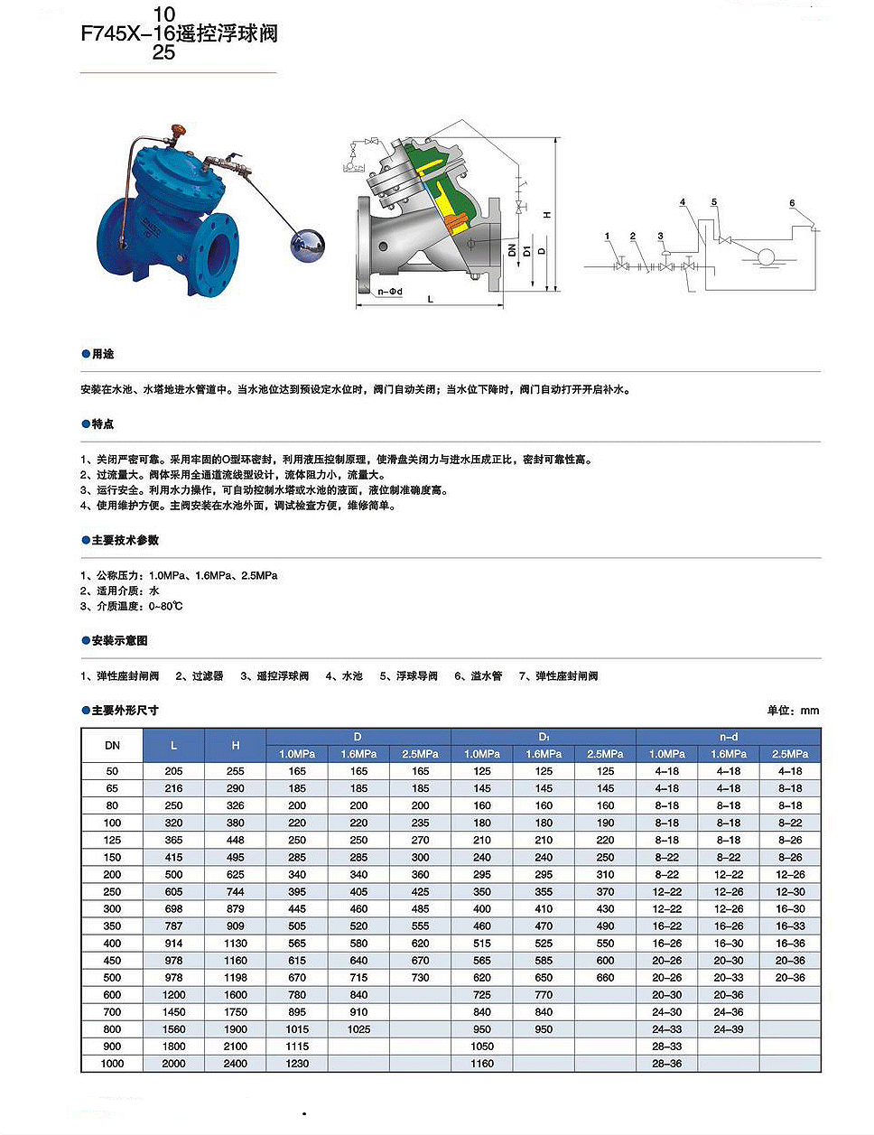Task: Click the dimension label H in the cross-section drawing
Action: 546,215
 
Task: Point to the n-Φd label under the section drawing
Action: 390,292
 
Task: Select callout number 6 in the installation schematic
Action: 792,203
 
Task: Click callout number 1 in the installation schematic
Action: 608,237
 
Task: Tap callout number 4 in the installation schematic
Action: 683,202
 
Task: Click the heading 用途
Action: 103,354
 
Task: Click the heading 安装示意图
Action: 119,640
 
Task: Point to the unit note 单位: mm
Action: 793,711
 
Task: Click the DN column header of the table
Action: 112,745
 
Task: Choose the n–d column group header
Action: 728,737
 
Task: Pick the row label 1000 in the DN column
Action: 112,1064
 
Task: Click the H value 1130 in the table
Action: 236,944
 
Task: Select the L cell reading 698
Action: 173,909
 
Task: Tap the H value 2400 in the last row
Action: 236,1064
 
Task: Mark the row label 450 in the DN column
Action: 112,961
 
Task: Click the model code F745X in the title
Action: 110,34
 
